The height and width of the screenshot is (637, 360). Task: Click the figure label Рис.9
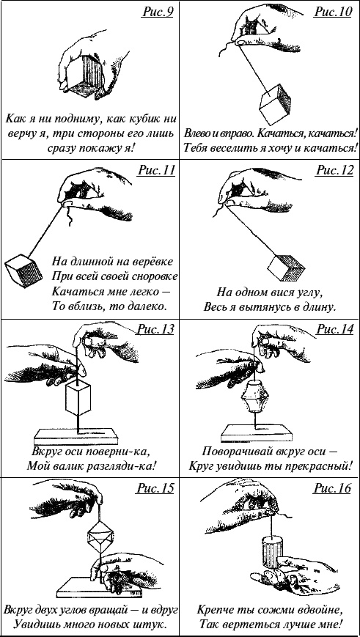pos(158,12)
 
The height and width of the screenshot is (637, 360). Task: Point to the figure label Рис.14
pos(334,329)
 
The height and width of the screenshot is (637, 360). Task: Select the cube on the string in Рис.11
pos(24,270)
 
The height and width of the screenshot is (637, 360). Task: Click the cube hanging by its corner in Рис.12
pos(287,268)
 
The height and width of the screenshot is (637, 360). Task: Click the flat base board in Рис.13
pos(76,437)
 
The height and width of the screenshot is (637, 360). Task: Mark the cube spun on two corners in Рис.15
pos(100,541)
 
